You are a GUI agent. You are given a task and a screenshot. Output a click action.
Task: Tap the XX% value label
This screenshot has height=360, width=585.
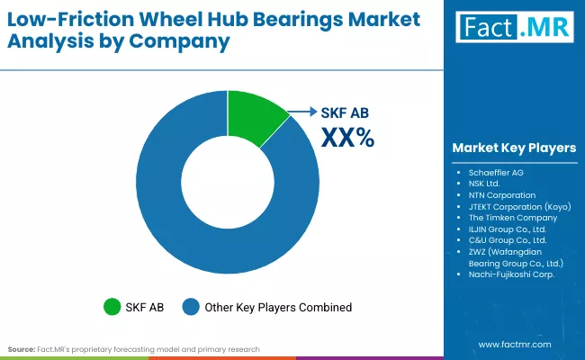[347, 137]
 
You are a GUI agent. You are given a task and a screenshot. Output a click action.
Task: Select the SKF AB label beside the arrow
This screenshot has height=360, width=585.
[346, 113]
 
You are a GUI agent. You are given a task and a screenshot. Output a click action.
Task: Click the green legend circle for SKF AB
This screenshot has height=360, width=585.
[112, 307]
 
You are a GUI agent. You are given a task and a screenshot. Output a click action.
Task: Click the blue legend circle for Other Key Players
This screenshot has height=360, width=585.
[191, 307]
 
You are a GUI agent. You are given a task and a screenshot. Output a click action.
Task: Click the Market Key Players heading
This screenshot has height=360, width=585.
[514, 148]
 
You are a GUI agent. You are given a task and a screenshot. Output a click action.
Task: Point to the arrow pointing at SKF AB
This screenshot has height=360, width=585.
[303, 113]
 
